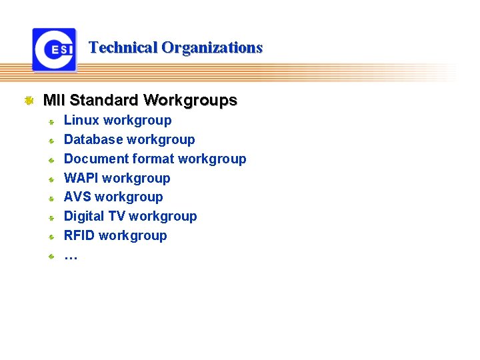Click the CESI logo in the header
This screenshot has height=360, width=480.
click(x=54, y=49)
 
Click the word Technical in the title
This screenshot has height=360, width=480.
click(x=123, y=48)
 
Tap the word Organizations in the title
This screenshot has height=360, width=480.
click(x=212, y=48)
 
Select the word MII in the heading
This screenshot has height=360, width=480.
click(x=54, y=101)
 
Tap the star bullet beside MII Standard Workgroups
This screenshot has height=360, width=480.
click(x=29, y=101)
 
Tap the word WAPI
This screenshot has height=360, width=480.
click(x=81, y=178)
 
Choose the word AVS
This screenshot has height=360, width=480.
click(x=77, y=197)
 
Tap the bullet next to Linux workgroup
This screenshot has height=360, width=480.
click(x=50, y=122)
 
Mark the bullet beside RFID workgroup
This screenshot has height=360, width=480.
click(x=50, y=237)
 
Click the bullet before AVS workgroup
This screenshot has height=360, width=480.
click(x=50, y=199)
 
